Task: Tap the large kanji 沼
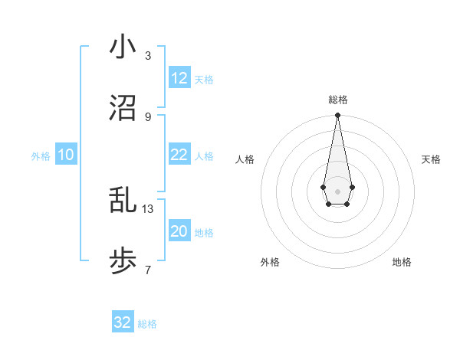123,108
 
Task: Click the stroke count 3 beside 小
148,55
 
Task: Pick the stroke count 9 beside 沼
148,116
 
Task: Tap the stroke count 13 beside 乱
148,208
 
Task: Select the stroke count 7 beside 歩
148,270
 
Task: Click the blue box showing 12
179,78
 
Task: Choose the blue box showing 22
179,155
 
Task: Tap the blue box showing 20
179,231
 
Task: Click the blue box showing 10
66,155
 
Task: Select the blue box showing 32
123,322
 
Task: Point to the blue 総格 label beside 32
147,324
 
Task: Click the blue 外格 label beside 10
41,156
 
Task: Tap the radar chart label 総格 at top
337,100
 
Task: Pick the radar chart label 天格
431,159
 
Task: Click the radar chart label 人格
245,159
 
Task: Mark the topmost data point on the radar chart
337,116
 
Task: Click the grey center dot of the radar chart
337,190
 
